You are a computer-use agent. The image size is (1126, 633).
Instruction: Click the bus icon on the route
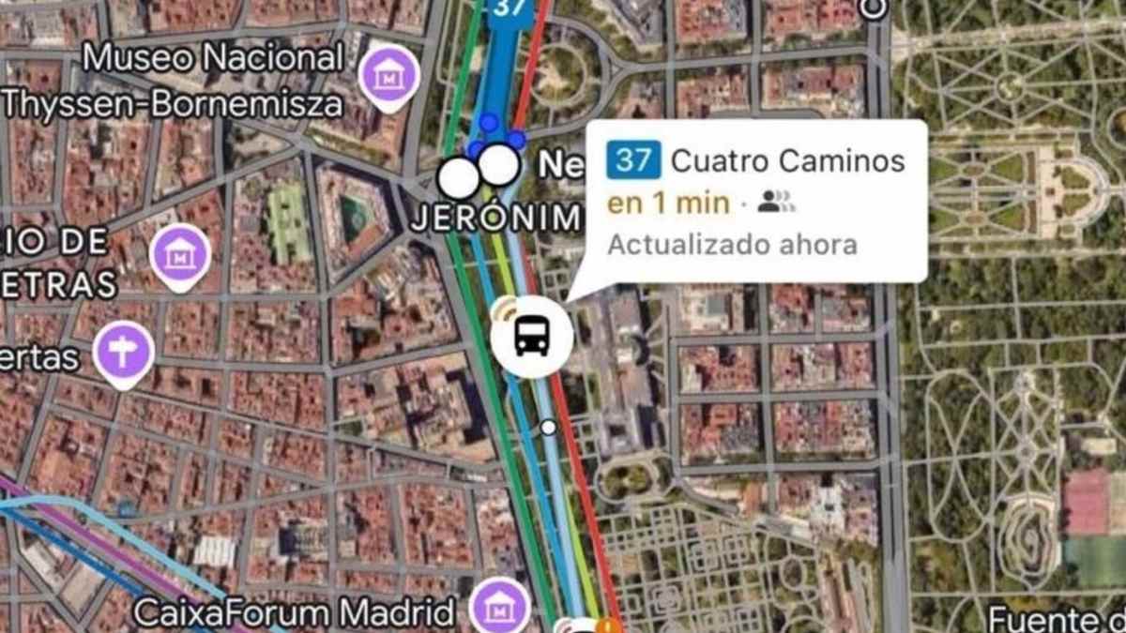coord(531,336)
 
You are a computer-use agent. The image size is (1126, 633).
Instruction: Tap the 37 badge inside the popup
coord(633,160)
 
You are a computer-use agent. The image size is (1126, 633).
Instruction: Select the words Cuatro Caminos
coord(788,161)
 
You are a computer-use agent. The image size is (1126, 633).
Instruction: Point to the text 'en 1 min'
coord(668,203)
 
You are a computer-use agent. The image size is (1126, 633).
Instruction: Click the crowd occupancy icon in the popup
coord(776,202)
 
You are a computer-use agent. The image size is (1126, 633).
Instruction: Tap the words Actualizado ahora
coord(732,245)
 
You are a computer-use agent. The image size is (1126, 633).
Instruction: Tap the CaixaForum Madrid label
coord(295,612)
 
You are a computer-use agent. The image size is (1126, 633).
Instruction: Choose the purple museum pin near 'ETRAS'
coord(180,255)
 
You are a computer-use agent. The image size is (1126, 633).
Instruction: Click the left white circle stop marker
coord(459,177)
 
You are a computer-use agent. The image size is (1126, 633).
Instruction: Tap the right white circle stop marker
coord(499,165)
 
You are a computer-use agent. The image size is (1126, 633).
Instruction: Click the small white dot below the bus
coord(548,428)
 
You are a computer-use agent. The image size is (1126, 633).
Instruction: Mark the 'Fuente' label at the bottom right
coord(1057,619)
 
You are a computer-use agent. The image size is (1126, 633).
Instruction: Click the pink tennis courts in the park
coord(1087,502)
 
